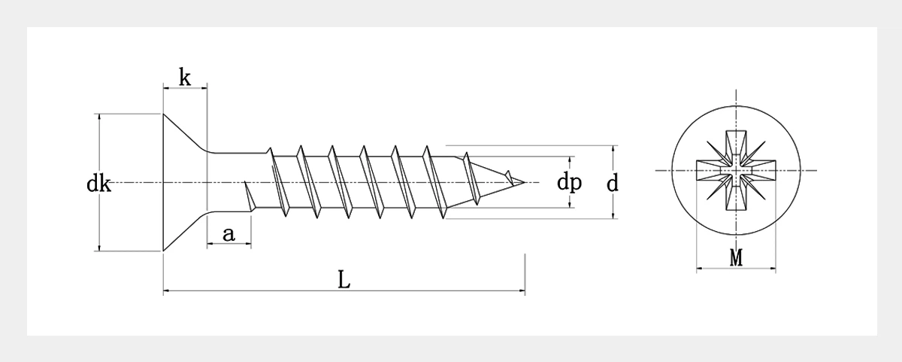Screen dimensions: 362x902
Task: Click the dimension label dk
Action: [x=98, y=184]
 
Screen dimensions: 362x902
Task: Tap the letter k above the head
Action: [x=184, y=77]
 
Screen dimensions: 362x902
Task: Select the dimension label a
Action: [x=229, y=235]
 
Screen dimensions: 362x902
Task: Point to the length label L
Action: [x=343, y=280]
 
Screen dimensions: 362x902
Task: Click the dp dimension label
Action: [x=569, y=182]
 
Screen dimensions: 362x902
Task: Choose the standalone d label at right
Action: [x=613, y=182]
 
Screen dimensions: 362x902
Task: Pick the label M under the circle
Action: [x=736, y=257]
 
